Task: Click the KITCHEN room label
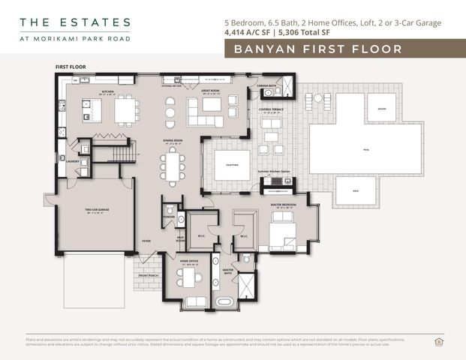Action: tap(107, 91)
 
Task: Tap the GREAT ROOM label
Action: tap(209, 89)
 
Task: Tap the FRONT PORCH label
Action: tap(148, 276)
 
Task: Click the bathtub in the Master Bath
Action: tap(224, 302)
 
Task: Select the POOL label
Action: tap(365, 149)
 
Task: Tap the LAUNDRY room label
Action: tap(73, 160)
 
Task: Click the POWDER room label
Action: tap(169, 217)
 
